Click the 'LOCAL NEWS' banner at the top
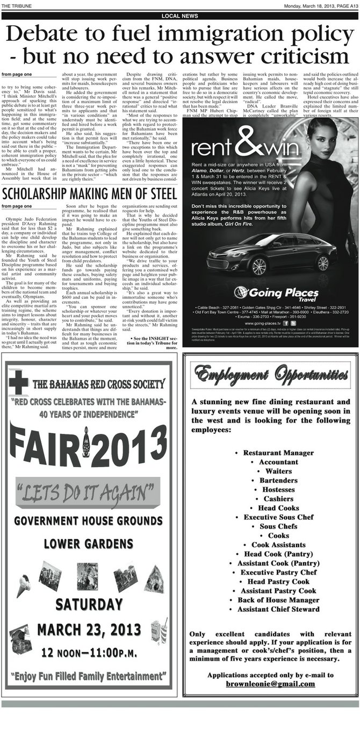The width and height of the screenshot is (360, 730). coord(180,16)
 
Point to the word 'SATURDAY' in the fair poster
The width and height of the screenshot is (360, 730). coord(88,604)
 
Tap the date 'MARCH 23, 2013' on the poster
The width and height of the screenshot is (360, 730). coord(88,628)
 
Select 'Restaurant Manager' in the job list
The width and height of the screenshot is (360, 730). coord(271,453)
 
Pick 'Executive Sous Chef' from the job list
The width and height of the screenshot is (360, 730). coord(271,517)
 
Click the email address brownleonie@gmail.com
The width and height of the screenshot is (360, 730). coord(270,684)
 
